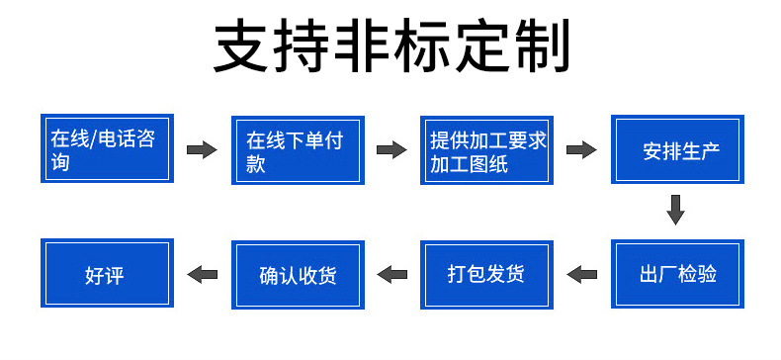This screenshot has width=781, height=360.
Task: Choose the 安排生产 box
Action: (678, 150)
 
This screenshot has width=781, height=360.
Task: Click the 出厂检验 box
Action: (678, 274)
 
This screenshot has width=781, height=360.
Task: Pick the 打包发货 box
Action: (487, 274)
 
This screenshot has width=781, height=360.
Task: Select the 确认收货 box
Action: (298, 274)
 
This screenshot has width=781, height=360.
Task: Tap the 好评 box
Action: (106, 274)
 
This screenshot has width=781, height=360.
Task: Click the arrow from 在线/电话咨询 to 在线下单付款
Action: (202, 150)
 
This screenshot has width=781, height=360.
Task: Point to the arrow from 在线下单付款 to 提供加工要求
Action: (392, 150)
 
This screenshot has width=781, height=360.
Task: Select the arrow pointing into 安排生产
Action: (581, 150)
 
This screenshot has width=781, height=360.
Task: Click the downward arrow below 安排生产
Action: (676, 210)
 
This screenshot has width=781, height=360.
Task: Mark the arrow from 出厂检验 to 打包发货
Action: (581, 274)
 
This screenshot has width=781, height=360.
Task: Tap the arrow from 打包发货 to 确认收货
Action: (392, 274)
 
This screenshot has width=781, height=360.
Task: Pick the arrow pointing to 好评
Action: (203, 274)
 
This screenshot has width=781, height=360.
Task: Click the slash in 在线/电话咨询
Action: (90, 140)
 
